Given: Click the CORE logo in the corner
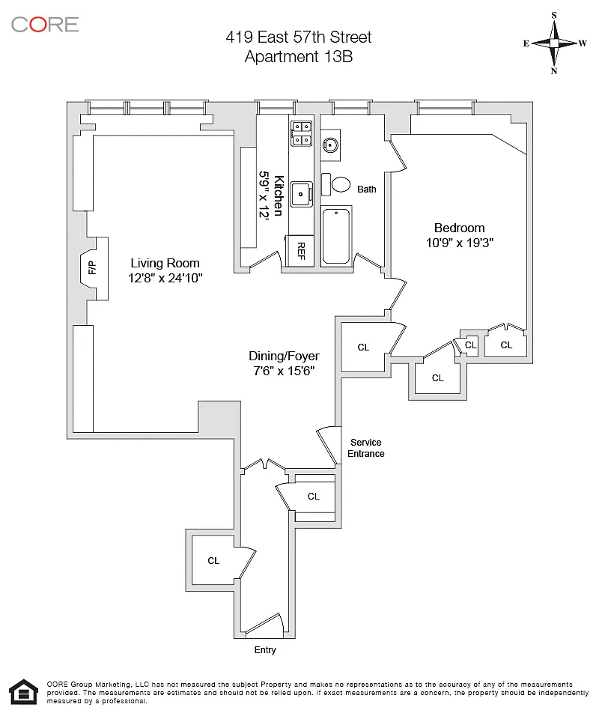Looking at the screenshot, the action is [x=45, y=24].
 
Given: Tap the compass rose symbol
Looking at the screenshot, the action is [x=555, y=43].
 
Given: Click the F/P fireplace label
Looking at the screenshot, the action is [x=92, y=268].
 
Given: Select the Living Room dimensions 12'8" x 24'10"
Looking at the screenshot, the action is [x=165, y=278].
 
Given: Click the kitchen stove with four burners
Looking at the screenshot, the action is [x=302, y=133].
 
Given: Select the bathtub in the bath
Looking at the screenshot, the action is [x=337, y=235].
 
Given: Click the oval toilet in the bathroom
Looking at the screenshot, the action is [x=341, y=184].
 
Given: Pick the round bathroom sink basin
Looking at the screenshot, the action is [x=330, y=145].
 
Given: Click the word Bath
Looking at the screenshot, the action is [x=367, y=189].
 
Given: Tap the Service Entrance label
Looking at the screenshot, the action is [x=366, y=448].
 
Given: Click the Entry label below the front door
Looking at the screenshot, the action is [x=265, y=650].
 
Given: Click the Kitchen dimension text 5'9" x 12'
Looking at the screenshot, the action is [x=264, y=195].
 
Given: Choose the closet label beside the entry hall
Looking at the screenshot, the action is [x=213, y=560].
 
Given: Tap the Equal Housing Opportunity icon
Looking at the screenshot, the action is [x=22, y=693].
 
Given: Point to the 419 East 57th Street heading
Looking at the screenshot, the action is [x=299, y=37].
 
